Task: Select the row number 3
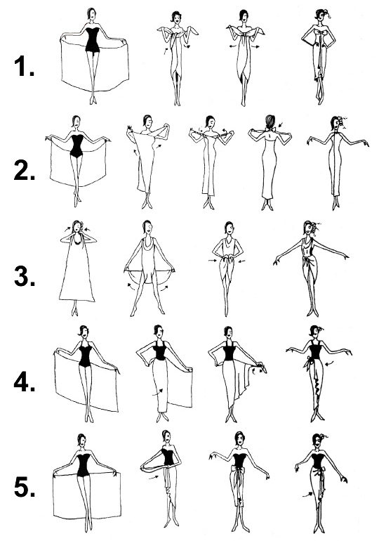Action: click(x=25, y=277)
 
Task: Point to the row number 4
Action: click(x=25, y=382)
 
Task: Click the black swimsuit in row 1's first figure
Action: click(x=93, y=39)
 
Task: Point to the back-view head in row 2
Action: click(x=270, y=122)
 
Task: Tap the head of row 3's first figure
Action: click(x=77, y=227)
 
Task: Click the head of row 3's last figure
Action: click(x=310, y=228)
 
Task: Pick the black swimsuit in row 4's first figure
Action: click(x=85, y=356)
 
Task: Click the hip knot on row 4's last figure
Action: click(x=307, y=363)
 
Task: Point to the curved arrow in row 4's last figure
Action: click(x=329, y=363)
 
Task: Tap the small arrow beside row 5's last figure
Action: click(x=307, y=495)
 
